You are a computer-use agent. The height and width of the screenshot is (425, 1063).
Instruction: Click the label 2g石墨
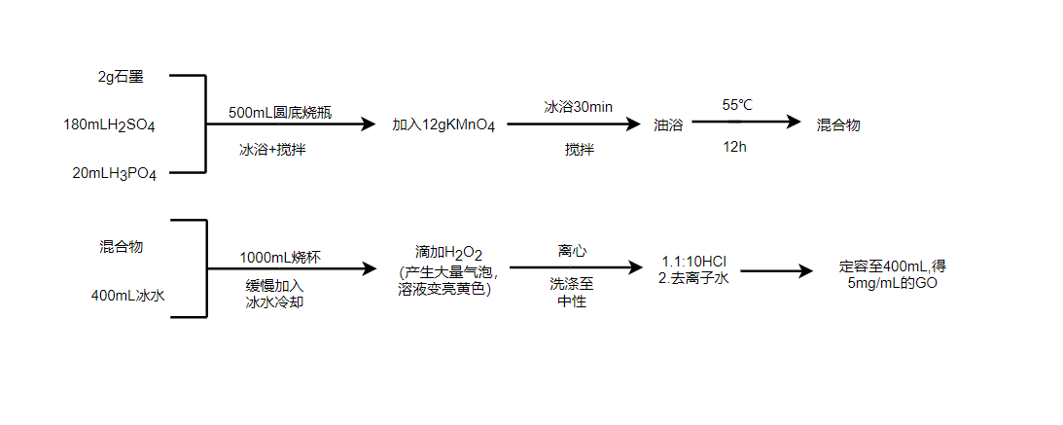coord(122,76)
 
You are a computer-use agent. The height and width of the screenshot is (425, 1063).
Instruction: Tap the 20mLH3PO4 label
coord(115,173)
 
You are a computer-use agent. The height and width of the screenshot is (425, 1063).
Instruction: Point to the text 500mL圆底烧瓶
coord(280,112)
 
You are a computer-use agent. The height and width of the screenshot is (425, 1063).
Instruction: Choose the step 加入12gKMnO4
coord(443,125)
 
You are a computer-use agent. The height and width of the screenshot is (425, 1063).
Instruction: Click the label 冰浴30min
coord(579,106)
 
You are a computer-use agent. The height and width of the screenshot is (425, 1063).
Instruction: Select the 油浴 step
coord(667,125)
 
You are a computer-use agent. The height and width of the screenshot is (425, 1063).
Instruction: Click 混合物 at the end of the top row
coord(838,125)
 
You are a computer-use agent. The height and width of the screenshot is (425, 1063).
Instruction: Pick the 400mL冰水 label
coord(128,295)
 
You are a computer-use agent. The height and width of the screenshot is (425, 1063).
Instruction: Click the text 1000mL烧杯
coord(280,258)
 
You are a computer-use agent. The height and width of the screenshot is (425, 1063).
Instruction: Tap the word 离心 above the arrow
coord(572,251)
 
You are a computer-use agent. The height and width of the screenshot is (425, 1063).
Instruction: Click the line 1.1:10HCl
coord(694,262)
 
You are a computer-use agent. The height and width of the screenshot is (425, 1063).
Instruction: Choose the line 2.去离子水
coord(693,276)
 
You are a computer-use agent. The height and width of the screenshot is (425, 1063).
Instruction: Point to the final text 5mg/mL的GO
coord(892,283)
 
